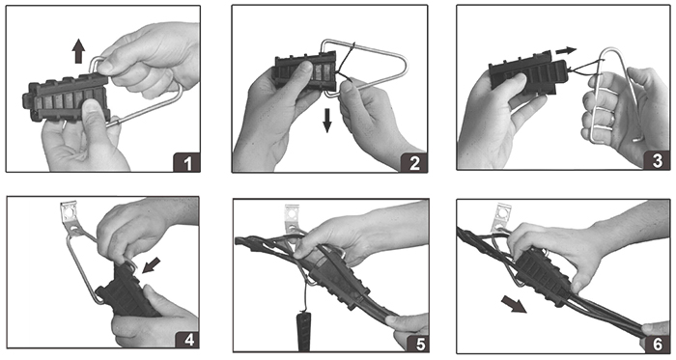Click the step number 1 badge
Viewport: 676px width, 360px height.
(x=186, y=162)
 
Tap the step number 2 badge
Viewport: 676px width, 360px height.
(x=414, y=163)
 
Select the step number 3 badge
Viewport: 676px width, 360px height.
(x=657, y=160)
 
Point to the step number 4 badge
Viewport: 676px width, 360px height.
(x=187, y=340)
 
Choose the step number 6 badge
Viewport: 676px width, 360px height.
(x=657, y=344)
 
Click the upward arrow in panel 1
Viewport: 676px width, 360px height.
(x=78, y=51)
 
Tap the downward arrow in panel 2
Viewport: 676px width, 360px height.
(x=327, y=120)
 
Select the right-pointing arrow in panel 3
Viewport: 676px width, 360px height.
(x=566, y=51)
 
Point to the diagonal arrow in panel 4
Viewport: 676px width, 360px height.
(x=151, y=264)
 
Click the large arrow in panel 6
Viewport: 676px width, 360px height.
(x=514, y=305)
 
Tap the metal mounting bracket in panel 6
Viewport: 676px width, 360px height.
(x=501, y=219)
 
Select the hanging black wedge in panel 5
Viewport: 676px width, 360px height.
(x=304, y=332)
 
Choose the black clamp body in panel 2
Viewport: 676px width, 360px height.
(x=305, y=71)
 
